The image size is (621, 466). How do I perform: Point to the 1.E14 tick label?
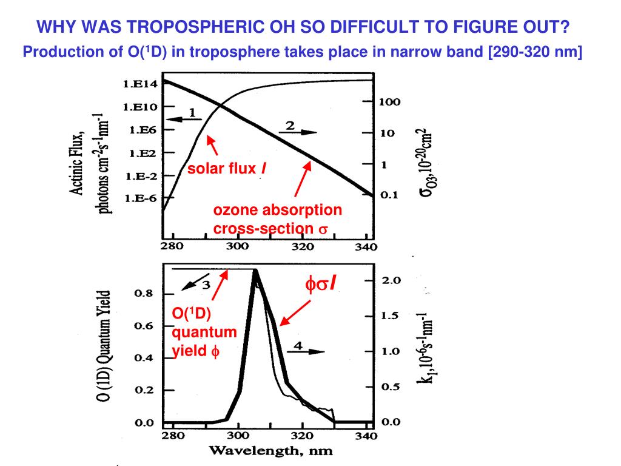pos(140,85)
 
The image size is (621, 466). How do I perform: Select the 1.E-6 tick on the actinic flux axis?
pos(140,198)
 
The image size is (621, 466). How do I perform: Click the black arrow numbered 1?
pos(184,119)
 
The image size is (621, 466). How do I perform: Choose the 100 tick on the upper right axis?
pos(389,102)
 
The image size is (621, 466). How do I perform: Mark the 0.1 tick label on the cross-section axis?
pos(389,195)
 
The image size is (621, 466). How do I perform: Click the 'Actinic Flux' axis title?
pos(78,164)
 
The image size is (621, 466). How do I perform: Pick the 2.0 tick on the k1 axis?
pos(392,280)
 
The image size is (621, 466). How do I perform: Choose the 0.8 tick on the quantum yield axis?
pos(143,294)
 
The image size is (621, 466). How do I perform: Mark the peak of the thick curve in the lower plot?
pos(255,270)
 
